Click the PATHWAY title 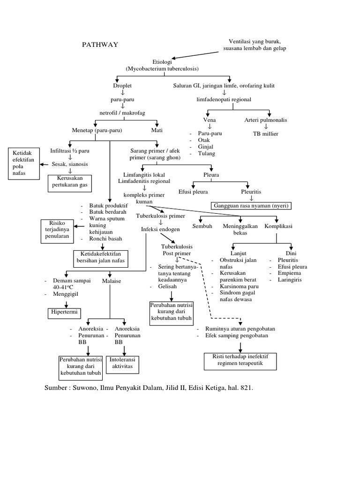[x=100, y=45]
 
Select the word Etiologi [x=163, y=61]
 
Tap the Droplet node [x=122, y=86]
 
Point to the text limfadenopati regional [x=224, y=99]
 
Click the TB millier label [x=265, y=134]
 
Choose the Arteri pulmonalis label [x=265, y=120]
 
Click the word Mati [x=157, y=130]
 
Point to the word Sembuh [x=202, y=226]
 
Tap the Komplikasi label [x=278, y=226]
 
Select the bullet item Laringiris [x=289, y=280]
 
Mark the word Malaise [x=111, y=281]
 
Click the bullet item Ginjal [x=206, y=147]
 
